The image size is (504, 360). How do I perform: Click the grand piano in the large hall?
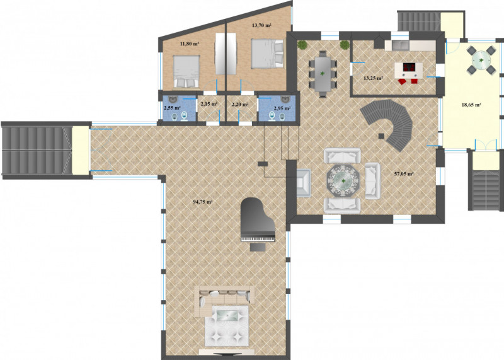258,220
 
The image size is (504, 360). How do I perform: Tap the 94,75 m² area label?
203,202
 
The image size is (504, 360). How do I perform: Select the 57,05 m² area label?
404,174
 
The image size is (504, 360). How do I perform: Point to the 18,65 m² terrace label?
471,105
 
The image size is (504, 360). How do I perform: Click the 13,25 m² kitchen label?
373,78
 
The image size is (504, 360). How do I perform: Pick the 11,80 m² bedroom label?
189,44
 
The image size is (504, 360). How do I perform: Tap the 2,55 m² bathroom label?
172,108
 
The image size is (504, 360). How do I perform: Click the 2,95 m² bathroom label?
282,108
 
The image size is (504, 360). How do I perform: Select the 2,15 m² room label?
209,104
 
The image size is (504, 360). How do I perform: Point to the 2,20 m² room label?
240,104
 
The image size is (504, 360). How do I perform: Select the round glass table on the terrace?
481,60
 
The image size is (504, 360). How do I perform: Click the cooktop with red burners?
408,67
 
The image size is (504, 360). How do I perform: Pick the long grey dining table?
323,74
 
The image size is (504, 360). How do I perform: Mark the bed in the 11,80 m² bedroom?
186,71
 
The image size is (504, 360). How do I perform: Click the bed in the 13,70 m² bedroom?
267,54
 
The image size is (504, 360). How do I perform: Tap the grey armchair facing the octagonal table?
304,182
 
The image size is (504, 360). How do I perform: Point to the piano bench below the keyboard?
258,247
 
